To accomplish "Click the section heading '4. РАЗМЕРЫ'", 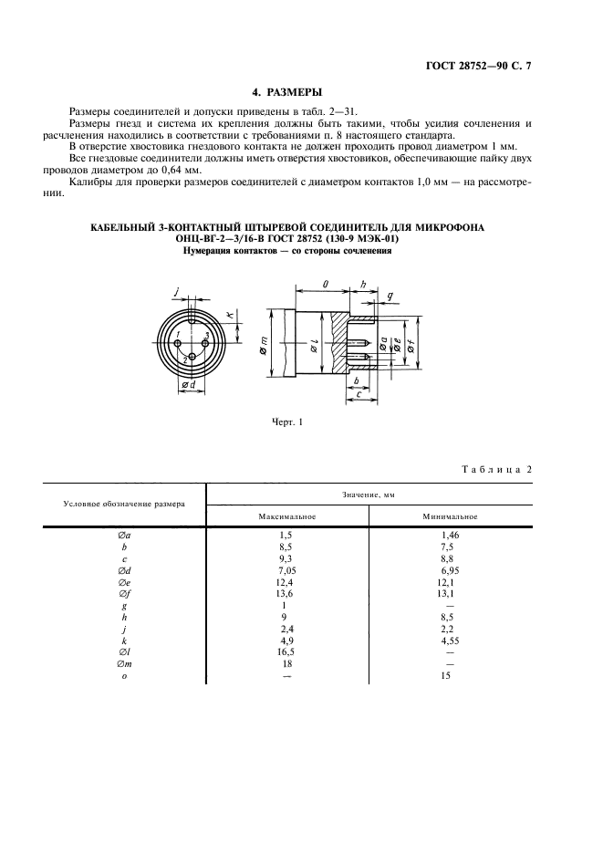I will (286, 92).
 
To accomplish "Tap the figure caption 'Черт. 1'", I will (286, 422).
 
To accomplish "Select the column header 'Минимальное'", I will (451, 516).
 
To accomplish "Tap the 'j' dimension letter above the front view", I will (175, 293).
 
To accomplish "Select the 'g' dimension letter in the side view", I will (390, 297).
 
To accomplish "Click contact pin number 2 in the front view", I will (184, 361).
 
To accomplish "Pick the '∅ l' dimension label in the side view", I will (313, 347).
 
